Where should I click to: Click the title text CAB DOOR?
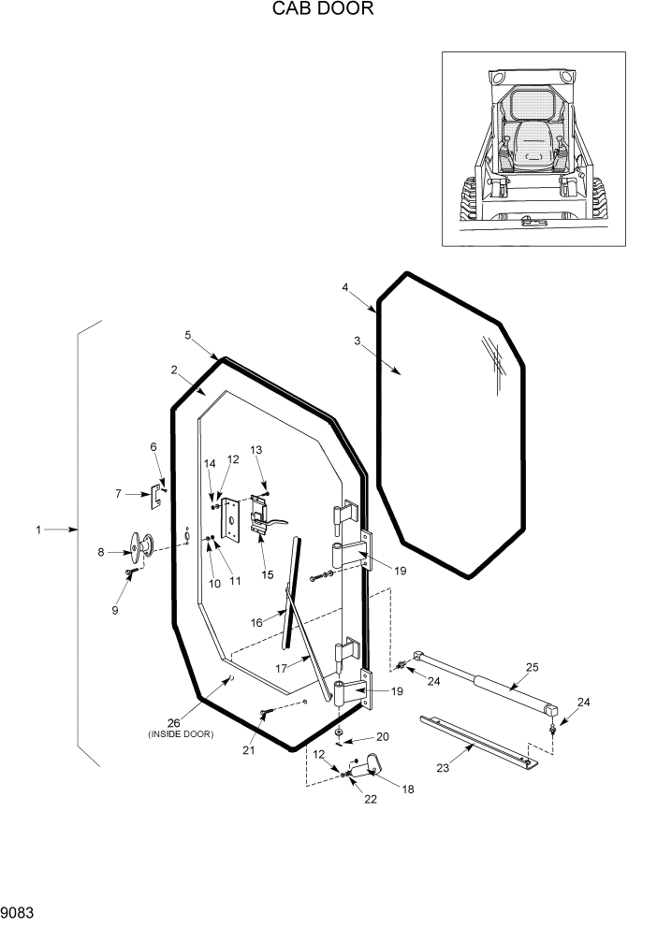tap(322, 10)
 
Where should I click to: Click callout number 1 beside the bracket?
tap(38, 530)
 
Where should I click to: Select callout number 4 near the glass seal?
tap(345, 287)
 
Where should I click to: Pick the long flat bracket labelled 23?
tap(477, 741)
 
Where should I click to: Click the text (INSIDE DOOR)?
tap(181, 734)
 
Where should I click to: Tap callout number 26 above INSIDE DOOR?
tap(173, 722)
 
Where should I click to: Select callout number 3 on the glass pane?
tap(357, 341)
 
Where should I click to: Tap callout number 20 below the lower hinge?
tap(382, 736)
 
